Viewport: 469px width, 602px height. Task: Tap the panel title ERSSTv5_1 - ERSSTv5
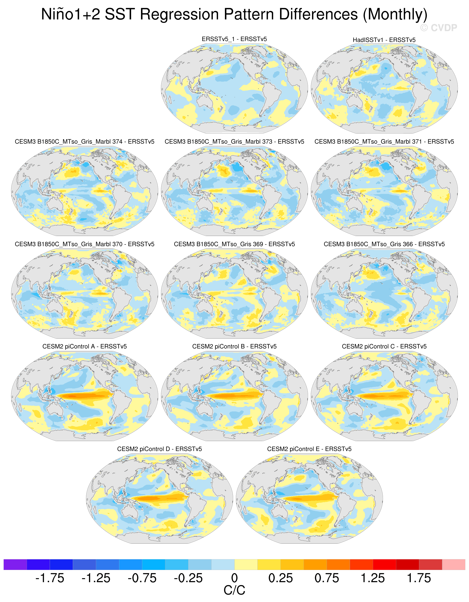(234, 39)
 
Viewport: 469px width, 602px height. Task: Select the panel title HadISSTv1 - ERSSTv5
(384, 40)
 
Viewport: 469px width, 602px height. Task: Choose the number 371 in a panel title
(417, 142)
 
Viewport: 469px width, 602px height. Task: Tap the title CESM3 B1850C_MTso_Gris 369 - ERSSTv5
(234, 244)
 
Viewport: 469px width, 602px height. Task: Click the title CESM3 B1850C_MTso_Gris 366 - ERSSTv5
(384, 244)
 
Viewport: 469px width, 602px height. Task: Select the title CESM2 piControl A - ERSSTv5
(84, 346)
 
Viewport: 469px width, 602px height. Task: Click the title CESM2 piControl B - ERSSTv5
(234, 346)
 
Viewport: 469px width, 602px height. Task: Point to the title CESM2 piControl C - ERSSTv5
(384, 346)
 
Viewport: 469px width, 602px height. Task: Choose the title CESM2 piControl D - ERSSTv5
(159, 449)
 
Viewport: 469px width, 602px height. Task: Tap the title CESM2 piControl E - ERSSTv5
(309, 449)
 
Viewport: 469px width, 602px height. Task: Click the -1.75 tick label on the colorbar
(50, 578)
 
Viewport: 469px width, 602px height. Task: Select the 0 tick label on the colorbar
(234, 578)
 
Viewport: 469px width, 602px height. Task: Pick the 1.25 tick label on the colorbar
(373, 578)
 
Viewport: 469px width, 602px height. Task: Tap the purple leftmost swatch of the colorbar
(15, 565)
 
